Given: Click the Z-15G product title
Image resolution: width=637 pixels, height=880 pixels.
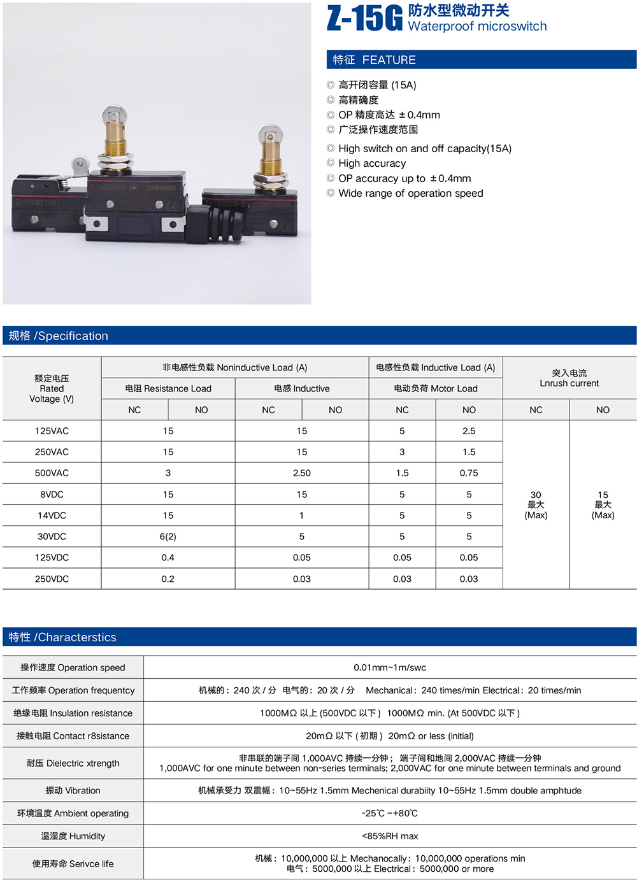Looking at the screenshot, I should click(364, 18).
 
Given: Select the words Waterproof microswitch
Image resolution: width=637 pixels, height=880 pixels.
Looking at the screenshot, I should click(477, 26).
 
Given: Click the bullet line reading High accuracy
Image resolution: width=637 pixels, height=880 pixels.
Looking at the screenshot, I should click(372, 163).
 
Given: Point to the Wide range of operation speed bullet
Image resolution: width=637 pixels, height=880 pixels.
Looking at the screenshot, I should click(410, 193).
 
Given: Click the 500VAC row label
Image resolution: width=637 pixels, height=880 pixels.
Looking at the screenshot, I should click(52, 473).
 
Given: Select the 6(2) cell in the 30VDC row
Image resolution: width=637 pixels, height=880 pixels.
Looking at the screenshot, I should click(168, 536).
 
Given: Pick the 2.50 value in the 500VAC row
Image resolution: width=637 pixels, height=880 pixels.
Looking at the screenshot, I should click(302, 473).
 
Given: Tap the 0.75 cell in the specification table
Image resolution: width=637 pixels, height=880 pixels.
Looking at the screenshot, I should click(469, 473).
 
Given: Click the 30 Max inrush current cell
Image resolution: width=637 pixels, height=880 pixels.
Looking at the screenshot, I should click(536, 504).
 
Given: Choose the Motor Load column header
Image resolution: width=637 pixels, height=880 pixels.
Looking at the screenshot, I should click(436, 388).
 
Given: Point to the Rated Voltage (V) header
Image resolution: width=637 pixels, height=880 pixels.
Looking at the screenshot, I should click(52, 388).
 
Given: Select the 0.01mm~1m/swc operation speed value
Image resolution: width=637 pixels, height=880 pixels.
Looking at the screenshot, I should click(390, 667).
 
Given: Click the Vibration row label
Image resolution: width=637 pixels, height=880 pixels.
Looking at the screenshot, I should click(73, 790).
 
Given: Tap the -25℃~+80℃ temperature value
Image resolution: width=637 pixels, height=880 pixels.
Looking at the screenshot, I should click(390, 813).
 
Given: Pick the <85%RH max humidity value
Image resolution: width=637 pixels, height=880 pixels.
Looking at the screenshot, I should click(390, 836).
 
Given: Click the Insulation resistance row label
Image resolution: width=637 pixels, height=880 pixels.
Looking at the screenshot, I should click(73, 713).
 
